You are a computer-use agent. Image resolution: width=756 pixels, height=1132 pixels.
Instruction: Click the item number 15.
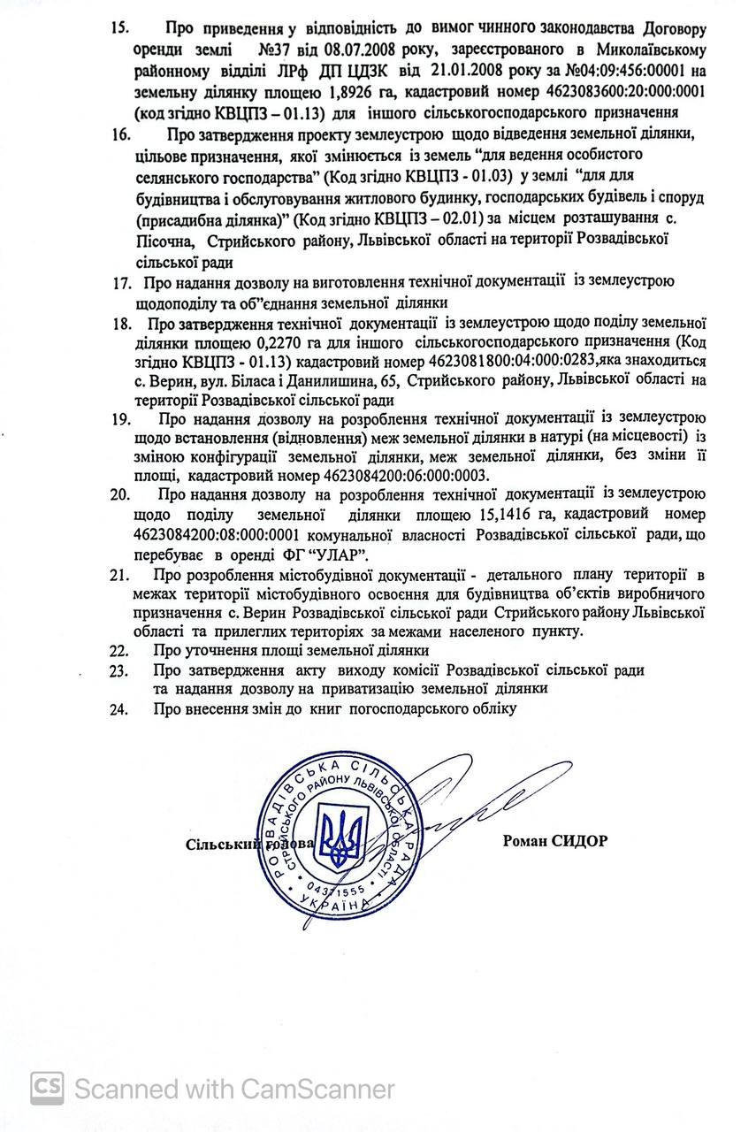[120, 27]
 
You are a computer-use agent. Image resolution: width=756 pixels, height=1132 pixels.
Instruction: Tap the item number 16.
[120, 134]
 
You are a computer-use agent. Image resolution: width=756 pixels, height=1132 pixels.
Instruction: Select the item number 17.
[121, 283]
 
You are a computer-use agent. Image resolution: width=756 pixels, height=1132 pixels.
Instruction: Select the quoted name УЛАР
[340, 555]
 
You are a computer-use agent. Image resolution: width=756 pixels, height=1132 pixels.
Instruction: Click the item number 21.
[120, 576]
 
